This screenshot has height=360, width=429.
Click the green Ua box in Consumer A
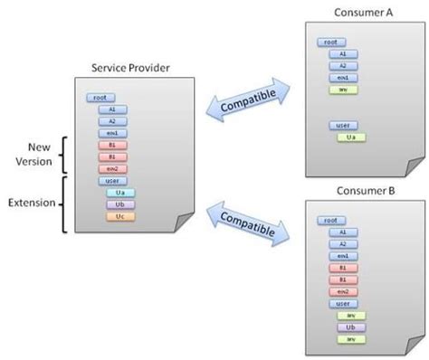(x=350, y=137)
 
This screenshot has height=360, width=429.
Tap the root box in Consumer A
(x=329, y=42)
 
